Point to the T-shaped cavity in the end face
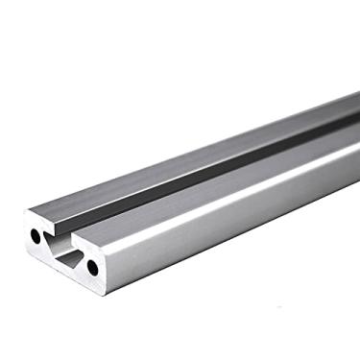tap(66, 251)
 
